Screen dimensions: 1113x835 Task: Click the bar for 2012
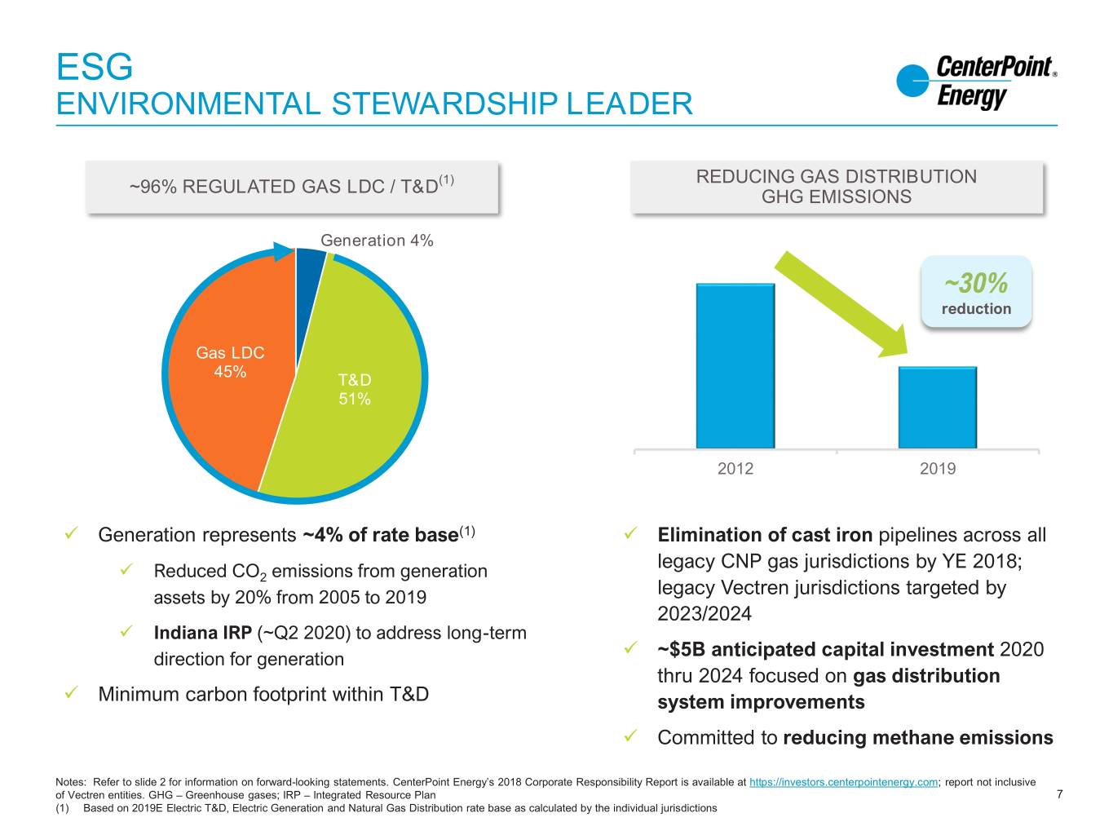tap(735, 365)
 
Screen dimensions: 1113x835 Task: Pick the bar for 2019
tap(938, 407)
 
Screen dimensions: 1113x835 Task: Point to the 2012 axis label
tap(735, 468)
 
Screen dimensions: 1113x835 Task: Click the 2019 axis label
tap(938, 468)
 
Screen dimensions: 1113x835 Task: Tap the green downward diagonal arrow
tap(841, 304)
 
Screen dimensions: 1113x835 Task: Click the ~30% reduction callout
tap(976, 292)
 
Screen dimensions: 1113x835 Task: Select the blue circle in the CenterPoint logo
tap(912, 80)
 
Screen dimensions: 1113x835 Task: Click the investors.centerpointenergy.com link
tap(843, 782)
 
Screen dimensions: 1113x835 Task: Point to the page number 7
tap(1059, 794)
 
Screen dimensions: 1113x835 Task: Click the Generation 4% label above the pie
tap(377, 241)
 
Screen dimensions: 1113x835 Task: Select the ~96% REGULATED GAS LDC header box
tap(292, 187)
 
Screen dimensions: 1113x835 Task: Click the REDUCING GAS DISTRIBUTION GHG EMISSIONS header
tap(837, 187)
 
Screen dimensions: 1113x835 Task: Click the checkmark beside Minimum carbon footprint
tap(71, 692)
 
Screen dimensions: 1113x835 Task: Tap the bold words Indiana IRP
tap(203, 633)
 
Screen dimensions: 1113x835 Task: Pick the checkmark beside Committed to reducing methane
tap(630, 736)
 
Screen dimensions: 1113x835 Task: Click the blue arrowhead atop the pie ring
tap(284, 251)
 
